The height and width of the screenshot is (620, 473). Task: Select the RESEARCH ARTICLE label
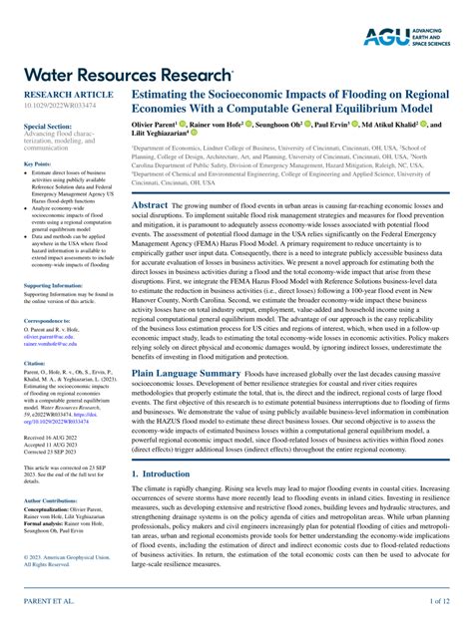click(x=62, y=92)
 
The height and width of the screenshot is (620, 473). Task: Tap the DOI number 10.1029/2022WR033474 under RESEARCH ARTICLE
click(x=60, y=103)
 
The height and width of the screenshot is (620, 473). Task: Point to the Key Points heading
click(x=38, y=163)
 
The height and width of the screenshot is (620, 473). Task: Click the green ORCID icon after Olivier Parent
click(x=196, y=125)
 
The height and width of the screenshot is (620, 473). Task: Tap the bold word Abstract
click(x=151, y=203)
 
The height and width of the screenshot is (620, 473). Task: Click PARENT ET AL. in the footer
click(x=50, y=603)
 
